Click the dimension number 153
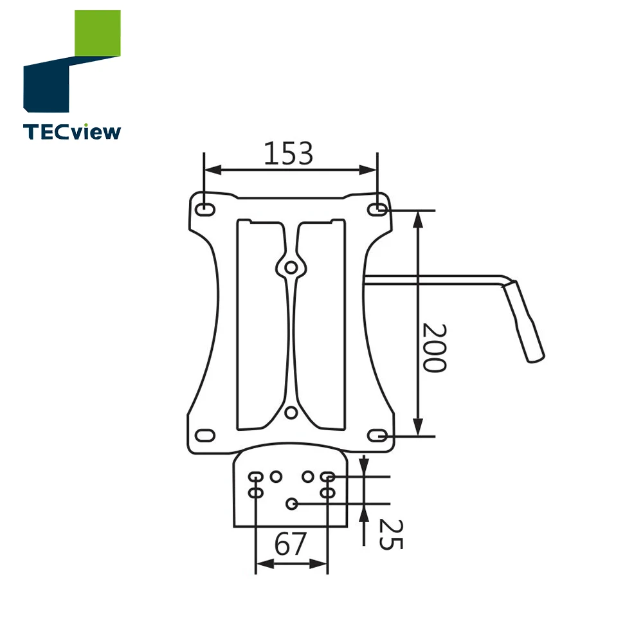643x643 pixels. tap(289, 154)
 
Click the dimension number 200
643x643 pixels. tap(434, 348)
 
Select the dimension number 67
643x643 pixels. tap(290, 545)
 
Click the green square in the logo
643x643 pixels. tap(97, 33)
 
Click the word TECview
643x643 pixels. tap(71, 132)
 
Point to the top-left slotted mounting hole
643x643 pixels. tap(205, 210)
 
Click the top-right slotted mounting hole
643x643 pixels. tap(377, 210)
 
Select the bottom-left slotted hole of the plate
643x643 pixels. tap(205, 435)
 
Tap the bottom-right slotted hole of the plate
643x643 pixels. tap(377, 436)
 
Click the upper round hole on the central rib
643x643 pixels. tap(291, 266)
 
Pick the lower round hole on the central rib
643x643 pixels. tap(291, 412)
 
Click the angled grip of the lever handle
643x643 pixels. tap(526, 321)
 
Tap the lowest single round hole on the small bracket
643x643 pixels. tap(292, 504)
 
